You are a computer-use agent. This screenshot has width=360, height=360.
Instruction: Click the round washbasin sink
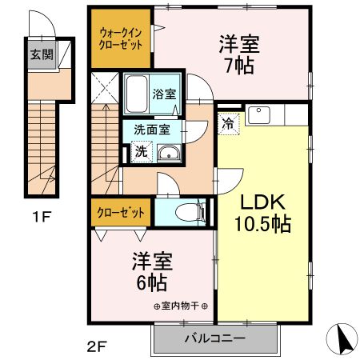click(x=169, y=154)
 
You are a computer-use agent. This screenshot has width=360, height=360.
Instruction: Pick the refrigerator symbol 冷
click(x=229, y=124)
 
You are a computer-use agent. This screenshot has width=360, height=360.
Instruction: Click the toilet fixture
click(x=183, y=212)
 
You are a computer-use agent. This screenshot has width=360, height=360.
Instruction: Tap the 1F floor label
click(x=42, y=215)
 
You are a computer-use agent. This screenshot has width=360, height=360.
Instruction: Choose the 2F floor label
click(x=95, y=348)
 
